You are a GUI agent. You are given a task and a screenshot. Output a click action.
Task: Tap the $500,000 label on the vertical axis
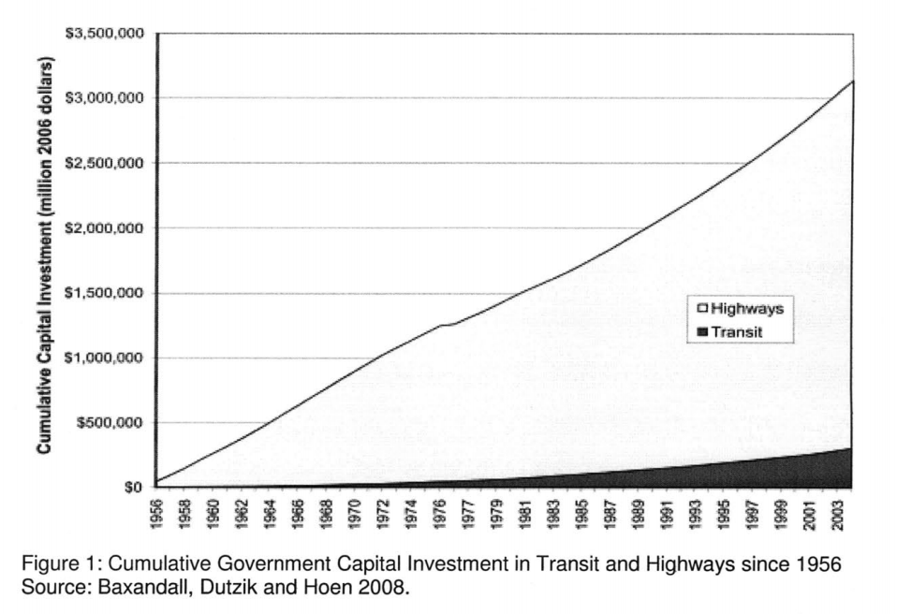(x=109, y=422)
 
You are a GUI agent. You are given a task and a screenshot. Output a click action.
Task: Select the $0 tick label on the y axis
(x=134, y=487)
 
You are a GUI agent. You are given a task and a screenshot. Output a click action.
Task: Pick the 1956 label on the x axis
(x=157, y=512)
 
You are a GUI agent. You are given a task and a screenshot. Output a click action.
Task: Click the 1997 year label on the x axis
(x=753, y=512)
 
